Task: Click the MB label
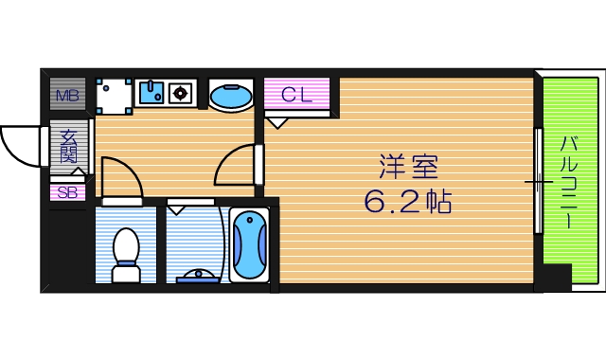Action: pos(67,95)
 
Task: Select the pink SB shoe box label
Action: pos(67,192)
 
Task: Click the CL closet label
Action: pos(296,94)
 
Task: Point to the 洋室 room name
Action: pos(408,170)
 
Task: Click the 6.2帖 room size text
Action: pos(408,202)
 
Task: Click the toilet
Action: pos(126,255)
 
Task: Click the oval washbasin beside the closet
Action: pos(230,95)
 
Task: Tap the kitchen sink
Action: pos(151,92)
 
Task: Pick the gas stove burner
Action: pos(181,92)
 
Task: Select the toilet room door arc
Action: pos(121,176)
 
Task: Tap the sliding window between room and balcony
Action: pos(539,180)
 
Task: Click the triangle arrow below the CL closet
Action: pos(277,121)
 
